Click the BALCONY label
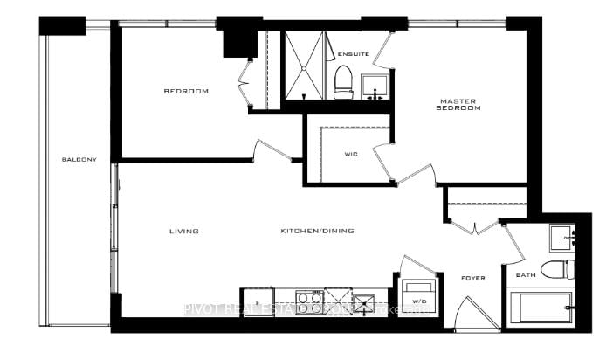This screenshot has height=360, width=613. (79, 159)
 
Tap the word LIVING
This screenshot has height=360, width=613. (184, 232)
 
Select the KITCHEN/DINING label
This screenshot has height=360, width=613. (309, 232)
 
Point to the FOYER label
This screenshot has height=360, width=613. (472, 278)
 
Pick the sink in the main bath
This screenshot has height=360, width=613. (561, 236)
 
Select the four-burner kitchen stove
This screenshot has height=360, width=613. (309, 302)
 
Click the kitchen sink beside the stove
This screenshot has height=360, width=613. (362, 301)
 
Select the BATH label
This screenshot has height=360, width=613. (525, 276)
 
